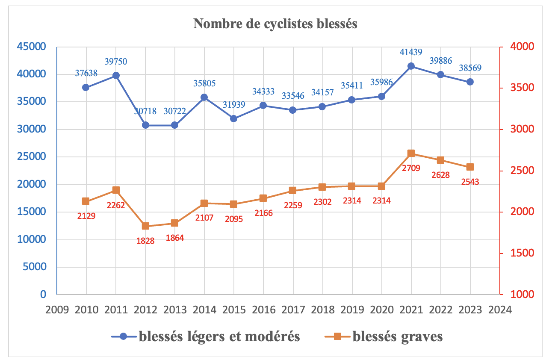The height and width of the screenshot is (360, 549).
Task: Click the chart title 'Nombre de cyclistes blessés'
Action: click(275, 24)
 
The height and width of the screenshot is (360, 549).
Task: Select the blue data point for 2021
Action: click(411, 66)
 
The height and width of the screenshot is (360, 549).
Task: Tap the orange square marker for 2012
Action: click(145, 226)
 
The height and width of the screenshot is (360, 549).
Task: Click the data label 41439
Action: click(411, 53)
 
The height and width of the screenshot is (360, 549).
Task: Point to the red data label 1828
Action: click(145, 241)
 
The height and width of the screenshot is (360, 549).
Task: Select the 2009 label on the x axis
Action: click(57, 309)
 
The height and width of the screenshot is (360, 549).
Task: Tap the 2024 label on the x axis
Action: click(499, 309)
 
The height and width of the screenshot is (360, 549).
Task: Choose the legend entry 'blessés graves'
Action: click(398, 337)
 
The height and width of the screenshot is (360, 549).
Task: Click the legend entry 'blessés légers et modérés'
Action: click(219, 337)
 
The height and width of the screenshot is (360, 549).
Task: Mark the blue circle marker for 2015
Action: click(234, 118)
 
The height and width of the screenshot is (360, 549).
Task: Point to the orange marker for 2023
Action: click(470, 167)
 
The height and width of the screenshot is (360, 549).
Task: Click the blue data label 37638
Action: click(86, 73)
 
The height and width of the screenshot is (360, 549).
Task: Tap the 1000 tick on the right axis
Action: click(519, 295)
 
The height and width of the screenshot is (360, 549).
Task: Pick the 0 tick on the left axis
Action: click(43, 295)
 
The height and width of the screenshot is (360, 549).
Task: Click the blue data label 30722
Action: click(175, 112)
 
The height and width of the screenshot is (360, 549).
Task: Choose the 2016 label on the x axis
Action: click(263, 309)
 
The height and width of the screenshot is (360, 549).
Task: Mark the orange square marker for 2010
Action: click(86, 201)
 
